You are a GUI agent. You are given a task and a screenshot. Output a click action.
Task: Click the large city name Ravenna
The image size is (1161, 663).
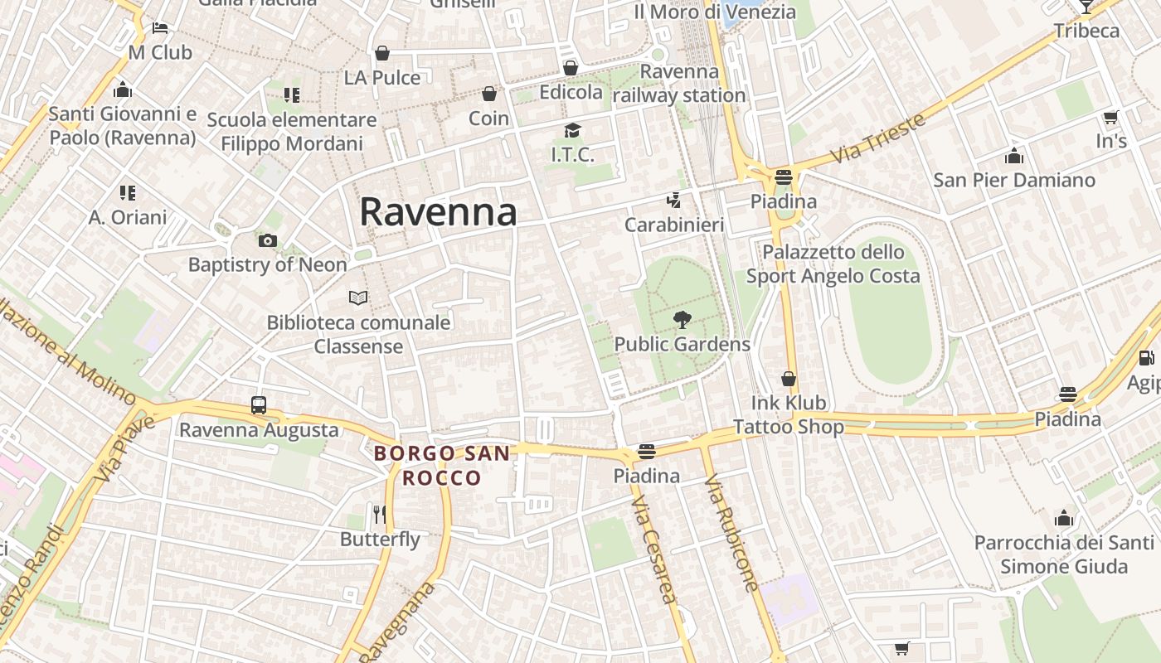438,212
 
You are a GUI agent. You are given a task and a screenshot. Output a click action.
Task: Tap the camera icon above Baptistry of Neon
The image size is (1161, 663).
267,241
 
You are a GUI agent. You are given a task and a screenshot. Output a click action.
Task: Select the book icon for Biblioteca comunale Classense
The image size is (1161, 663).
358,298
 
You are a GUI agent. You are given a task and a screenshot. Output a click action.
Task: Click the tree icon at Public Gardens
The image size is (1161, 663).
683,319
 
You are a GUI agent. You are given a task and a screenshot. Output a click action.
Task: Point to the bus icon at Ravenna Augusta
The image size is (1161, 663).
259,405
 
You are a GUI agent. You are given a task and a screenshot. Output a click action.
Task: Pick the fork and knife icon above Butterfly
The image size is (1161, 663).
380,515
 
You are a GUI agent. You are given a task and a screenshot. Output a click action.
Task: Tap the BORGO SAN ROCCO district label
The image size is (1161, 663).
440,466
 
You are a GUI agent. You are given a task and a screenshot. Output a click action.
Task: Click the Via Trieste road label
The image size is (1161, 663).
877,138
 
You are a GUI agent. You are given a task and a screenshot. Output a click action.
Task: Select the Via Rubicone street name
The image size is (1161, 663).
731,532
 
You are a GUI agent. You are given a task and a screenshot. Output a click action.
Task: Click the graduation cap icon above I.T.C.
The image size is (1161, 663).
572,130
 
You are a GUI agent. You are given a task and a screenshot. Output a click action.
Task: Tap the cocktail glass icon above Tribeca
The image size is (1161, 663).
1086,7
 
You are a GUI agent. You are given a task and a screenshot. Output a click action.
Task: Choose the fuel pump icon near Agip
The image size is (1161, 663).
1147,358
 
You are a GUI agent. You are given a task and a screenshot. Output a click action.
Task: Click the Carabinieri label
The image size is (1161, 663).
674,225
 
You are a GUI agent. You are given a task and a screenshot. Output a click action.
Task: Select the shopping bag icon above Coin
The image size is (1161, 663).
489,94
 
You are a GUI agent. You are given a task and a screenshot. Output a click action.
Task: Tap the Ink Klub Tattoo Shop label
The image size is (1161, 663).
789,414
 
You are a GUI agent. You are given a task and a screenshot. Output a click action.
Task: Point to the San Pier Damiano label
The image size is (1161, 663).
1014,180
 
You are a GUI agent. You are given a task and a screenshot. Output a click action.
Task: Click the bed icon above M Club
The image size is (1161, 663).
160,28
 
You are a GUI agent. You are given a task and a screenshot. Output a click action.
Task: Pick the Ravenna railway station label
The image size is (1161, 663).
679,84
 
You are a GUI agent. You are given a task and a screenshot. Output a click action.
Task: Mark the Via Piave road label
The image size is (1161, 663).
114,449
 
